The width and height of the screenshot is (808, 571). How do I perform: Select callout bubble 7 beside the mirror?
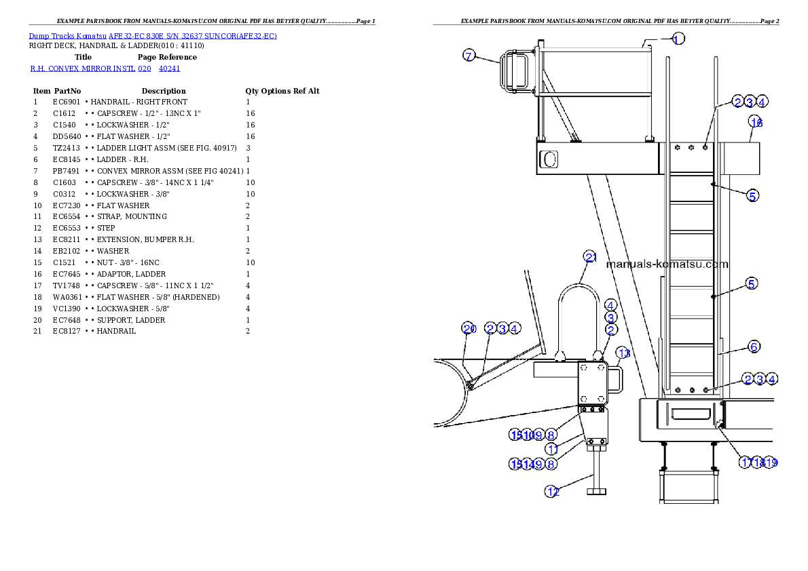tap(469, 56)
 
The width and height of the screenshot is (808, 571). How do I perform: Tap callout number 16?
tap(756, 122)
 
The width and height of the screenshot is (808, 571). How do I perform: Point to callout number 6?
tap(754, 347)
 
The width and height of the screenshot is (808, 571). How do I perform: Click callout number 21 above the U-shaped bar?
tap(591, 257)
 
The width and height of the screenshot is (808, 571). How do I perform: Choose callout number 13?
tap(624, 353)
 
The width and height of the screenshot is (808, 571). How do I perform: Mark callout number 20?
tap(469, 329)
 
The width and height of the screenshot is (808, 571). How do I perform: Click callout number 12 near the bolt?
tap(553, 492)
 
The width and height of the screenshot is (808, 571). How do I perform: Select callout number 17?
tap(746, 462)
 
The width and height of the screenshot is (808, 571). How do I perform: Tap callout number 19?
tap(771, 462)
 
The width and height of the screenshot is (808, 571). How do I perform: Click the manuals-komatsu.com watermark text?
tap(667, 264)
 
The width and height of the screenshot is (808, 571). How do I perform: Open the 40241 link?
tap(169, 69)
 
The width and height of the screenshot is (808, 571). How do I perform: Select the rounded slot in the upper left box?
tap(549, 159)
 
